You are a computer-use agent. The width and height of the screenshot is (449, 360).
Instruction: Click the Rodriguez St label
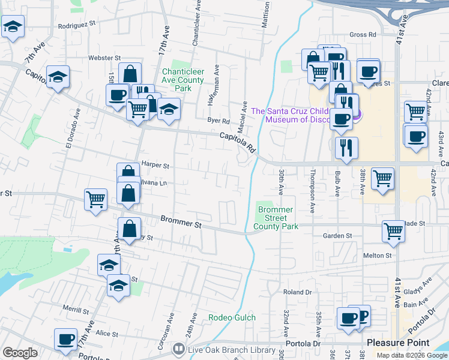(77, 25)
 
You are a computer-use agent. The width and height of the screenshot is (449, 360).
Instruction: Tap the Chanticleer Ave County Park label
(184, 79)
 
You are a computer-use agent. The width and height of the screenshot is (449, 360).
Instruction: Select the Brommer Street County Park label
(276, 218)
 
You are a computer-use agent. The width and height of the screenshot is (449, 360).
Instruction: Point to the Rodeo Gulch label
(232, 317)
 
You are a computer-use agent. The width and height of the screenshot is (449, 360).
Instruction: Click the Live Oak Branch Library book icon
(178, 349)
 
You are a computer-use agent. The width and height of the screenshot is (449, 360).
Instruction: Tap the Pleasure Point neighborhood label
(398, 343)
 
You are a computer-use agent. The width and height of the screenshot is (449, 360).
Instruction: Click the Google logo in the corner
(20, 353)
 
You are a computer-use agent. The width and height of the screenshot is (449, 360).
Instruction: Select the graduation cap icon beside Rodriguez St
(13, 27)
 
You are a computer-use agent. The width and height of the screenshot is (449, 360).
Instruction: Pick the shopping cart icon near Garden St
(393, 230)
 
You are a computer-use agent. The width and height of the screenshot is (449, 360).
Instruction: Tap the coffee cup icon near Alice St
(65, 339)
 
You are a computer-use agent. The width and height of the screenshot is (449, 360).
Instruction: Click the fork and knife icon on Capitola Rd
(346, 147)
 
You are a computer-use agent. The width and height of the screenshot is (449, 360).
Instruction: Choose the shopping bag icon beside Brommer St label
(130, 229)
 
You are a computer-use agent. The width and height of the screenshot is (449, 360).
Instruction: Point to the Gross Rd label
(363, 35)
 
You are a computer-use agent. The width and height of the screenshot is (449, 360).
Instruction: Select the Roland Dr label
(298, 292)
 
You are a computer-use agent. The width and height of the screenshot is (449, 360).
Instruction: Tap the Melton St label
(377, 255)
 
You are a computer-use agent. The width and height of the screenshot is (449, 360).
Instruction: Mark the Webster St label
(100, 58)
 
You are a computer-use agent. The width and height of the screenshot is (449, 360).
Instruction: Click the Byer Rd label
(218, 120)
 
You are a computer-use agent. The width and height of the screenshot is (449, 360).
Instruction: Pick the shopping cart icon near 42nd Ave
(415, 110)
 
